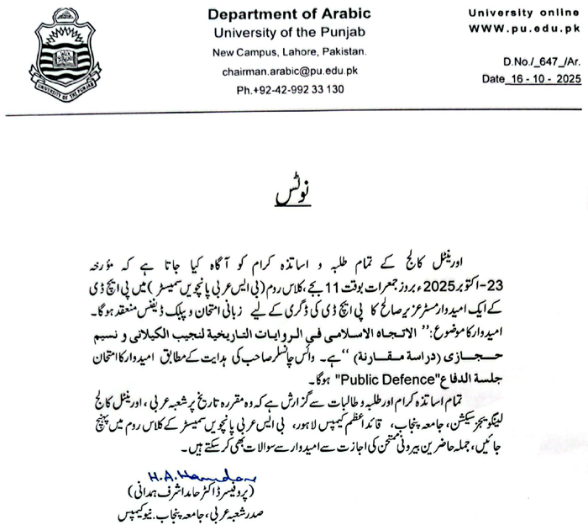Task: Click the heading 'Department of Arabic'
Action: pyautogui.click(x=277, y=14)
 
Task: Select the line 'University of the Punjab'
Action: pyautogui.click(x=278, y=32)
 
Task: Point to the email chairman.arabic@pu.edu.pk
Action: pyautogui.click(x=278, y=72)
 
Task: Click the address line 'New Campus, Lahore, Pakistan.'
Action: pyautogui.click(x=278, y=53)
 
